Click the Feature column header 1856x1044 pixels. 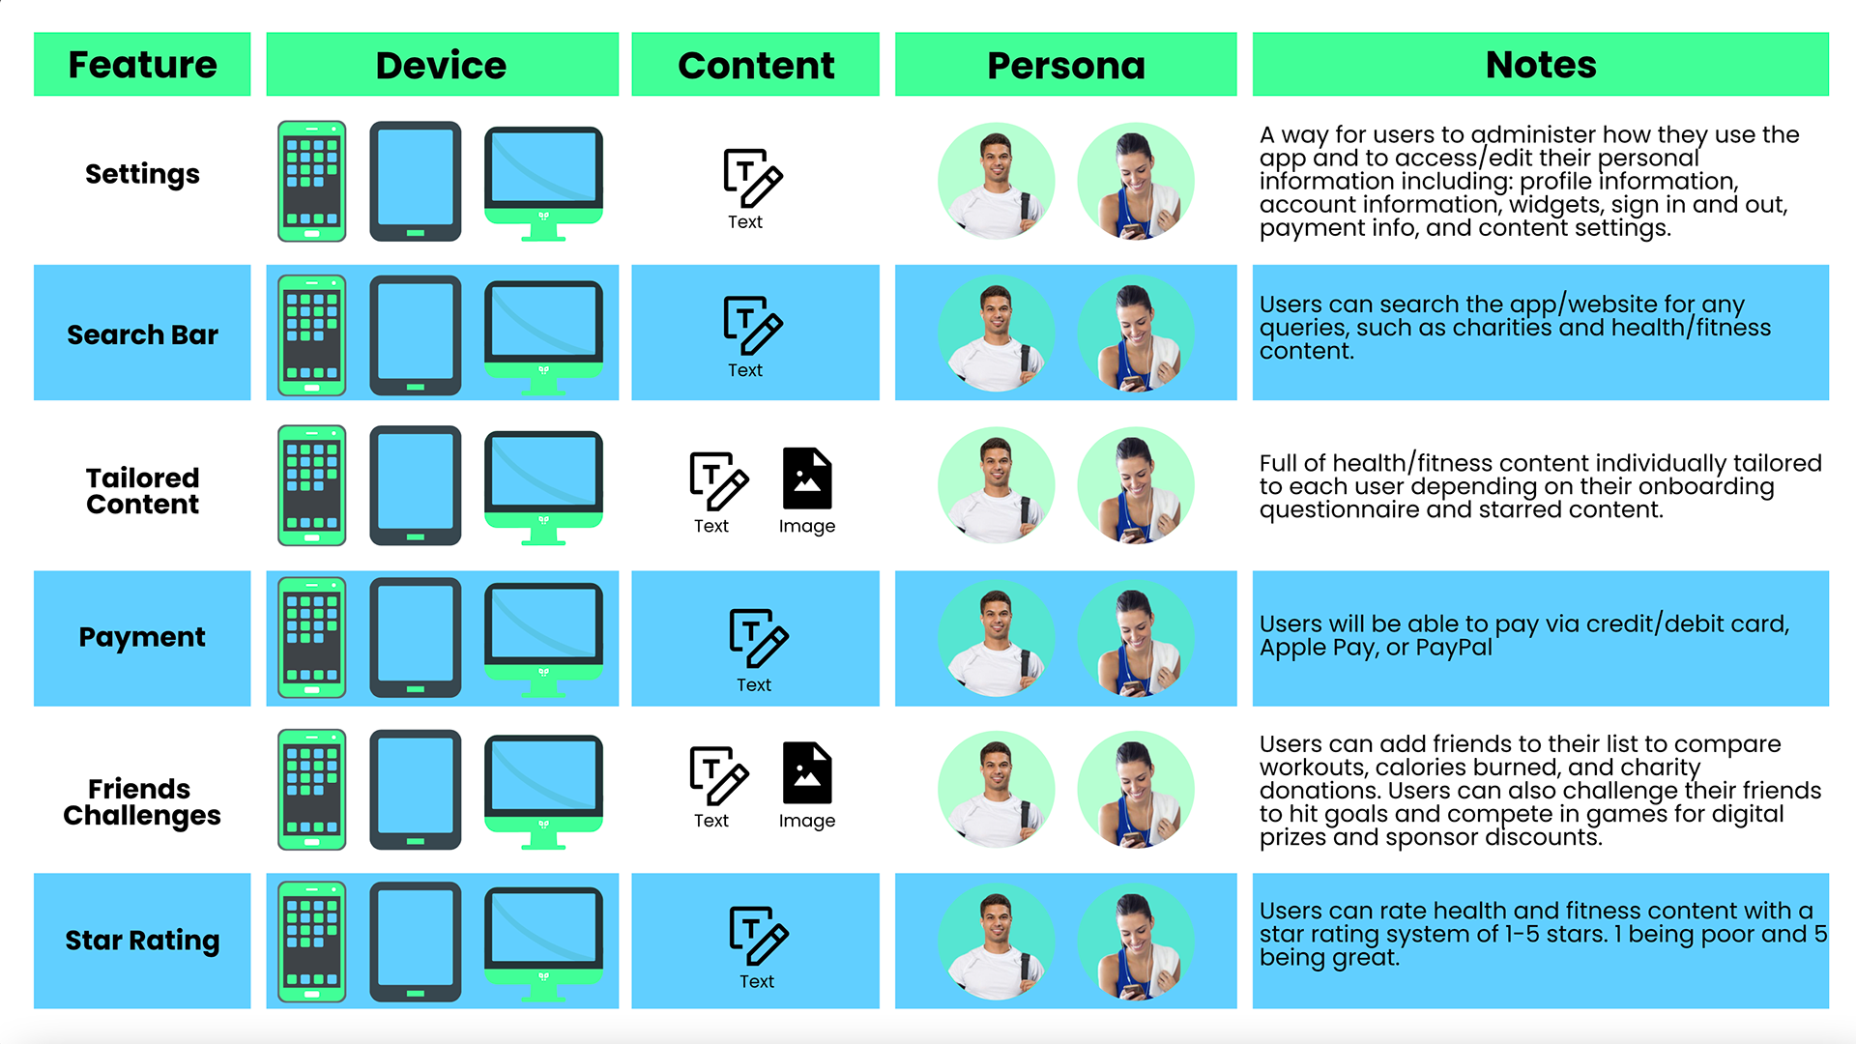pyautogui.click(x=142, y=65)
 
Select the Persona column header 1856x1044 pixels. pyautogui.click(x=1065, y=65)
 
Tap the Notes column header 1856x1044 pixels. pyautogui.click(x=1540, y=65)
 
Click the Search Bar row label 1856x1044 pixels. pyautogui.click(x=142, y=334)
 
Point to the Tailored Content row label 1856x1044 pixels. pyautogui.click(x=142, y=491)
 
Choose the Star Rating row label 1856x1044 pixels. pyautogui.click(x=142, y=940)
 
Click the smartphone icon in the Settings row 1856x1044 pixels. pyautogui.click(x=311, y=181)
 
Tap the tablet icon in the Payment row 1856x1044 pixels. pyautogui.click(x=415, y=637)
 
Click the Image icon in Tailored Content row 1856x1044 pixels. pyautogui.click(x=807, y=478)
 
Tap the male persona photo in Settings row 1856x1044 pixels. pyautogui.click(x=996, y=182)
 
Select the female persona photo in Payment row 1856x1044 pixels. pyautogui.click(x=1136, y=639)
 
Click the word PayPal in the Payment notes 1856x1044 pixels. pyautogui.click(x=1454, y=648)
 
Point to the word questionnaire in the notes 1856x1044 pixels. pyautogui.click(x=1339, y=509)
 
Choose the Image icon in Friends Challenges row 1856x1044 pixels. pyautogui.click(x=807, y=773)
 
